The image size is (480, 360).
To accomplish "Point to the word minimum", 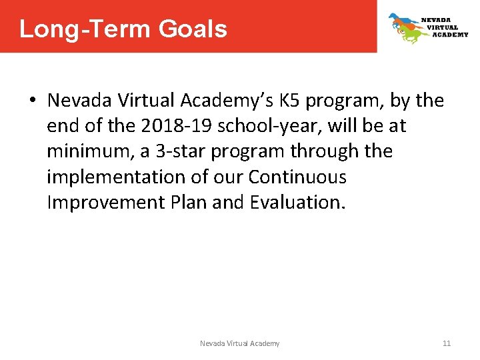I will coord(89,151).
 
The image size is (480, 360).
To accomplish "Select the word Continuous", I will coord(297,177).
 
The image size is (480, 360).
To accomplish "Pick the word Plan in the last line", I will coord(190,202).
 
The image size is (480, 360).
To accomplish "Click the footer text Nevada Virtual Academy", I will coord(240,343).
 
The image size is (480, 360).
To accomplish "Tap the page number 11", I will coord(447,343).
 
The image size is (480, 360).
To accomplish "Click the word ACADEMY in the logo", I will coord(450,35).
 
